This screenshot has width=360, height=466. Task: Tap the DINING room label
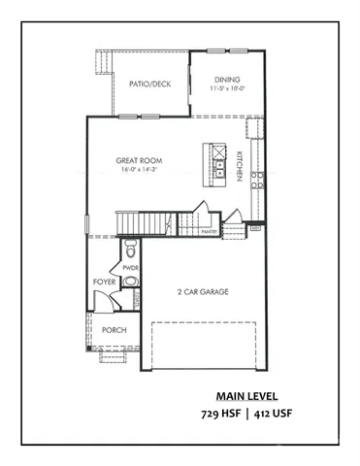[227, 80]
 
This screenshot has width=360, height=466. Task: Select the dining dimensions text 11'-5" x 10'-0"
[226, 89]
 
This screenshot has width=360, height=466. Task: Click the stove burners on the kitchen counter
[257, 178]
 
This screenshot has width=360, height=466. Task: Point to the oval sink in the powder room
[132, 281]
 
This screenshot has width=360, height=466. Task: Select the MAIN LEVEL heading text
[247, 396]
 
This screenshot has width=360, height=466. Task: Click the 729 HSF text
[219, 415]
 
